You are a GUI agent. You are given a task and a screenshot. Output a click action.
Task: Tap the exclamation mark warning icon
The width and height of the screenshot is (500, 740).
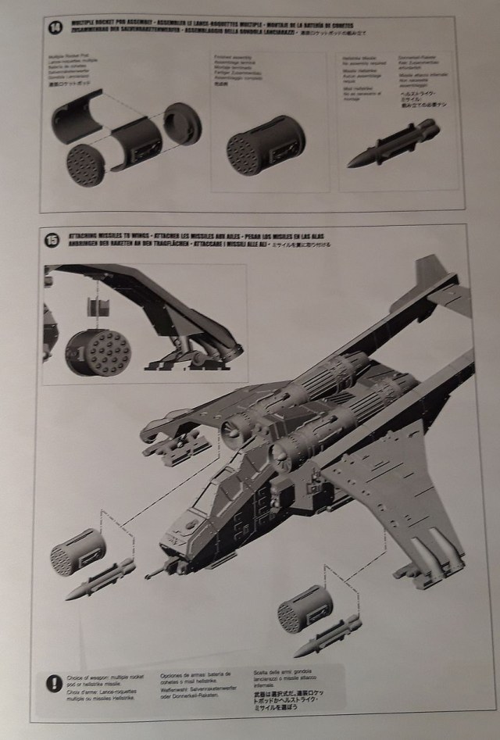coord(50,681)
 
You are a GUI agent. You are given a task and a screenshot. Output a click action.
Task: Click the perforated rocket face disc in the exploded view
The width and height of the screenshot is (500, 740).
coord(85,165)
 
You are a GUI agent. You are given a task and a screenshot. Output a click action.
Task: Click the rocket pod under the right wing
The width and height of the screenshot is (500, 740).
coord(305,609)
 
